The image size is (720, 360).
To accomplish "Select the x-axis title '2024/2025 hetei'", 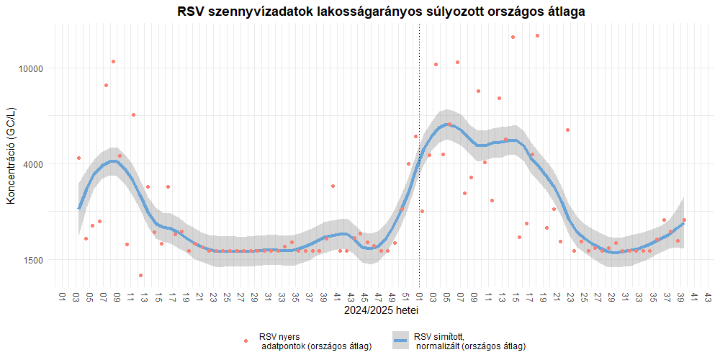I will [x=381, y=311].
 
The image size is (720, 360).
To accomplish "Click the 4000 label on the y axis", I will [x=34, y=164].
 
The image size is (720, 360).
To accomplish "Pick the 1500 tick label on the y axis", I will [x=34, y=260].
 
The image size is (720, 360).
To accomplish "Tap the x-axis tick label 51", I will [x=405, y=297].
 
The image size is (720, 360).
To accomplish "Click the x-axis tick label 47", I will [x=378, y=297].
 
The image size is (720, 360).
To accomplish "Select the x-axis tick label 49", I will [x=392, y=297].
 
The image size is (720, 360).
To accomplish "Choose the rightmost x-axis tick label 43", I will [x=708, y=297].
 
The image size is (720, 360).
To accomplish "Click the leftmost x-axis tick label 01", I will [x=63, y=297].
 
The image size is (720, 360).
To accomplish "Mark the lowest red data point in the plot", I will [x=140, y=275].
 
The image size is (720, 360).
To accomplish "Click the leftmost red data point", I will [x=78, y=158].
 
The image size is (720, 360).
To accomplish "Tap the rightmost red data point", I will [x=684, y=220].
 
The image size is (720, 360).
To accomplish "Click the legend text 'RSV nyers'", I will [x=279, y=336].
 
